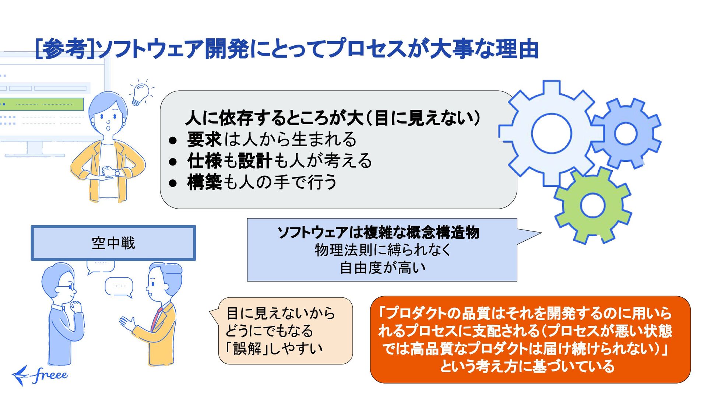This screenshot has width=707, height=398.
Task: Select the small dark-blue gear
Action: click(x=626, y=133)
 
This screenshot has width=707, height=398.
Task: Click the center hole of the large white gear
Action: click(x=551, y=133)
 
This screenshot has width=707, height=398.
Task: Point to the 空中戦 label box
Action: click(x=113, y=243)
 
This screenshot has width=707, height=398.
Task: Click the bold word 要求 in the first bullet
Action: click(x=204, y=139)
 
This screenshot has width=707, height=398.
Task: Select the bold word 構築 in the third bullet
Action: click(x=204, y=182)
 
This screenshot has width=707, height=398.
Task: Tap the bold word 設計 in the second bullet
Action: click(x=255, y=161)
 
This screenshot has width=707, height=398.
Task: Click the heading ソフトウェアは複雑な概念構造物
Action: click(x=378, y=232)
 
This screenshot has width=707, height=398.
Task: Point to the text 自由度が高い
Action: click(x=382, y=268)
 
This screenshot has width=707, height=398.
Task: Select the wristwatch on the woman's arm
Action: click(x=117, y=172)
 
